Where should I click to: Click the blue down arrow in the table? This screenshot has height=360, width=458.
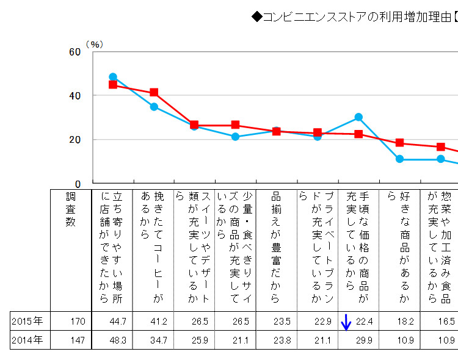[x=346, y=322]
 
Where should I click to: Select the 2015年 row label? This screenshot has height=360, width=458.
[x=27, y=321]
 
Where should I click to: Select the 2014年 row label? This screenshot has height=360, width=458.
[x=27, y=340]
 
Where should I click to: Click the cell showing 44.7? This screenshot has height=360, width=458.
[x=117, y=321]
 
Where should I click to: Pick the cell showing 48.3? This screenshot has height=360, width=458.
[x=117, y=340]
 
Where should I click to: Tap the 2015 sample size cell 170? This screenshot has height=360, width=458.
[x=78, y=321]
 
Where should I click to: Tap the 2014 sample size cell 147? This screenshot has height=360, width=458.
[x=78, y=340]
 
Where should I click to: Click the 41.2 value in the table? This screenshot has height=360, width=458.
[x=158, y=321]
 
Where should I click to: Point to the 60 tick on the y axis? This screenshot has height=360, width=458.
[x=75, y=52]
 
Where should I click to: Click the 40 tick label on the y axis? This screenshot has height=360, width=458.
[x=75, y=96]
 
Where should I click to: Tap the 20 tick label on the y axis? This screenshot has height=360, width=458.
[x=75, y=140]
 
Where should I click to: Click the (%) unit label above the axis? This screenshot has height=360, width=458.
[x=95, y=44]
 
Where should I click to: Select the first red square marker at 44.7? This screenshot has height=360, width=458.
[x=113, y=85]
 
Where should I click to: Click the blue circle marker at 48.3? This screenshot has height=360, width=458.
[x=113, y=77]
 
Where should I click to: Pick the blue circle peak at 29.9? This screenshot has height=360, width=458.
[x=358, y=117]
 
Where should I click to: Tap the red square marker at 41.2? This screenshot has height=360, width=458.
[x=154, y=93]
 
